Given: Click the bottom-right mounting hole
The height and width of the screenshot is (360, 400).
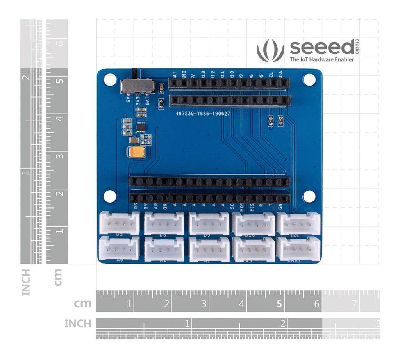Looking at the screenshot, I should (309, 196).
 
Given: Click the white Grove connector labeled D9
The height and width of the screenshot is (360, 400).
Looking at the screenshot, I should (209, 224).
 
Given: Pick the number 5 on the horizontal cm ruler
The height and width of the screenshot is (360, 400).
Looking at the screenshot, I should (279, 304).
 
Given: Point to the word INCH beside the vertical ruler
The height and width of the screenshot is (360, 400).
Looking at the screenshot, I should (26, 282).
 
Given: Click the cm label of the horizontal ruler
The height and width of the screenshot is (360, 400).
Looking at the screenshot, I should (82, 303).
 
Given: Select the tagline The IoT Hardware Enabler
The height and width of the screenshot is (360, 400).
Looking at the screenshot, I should (321, 59).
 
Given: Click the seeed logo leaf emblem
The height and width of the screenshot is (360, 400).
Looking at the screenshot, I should (270, 50).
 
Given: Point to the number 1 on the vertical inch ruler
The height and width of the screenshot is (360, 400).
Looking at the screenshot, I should (27, 173).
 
